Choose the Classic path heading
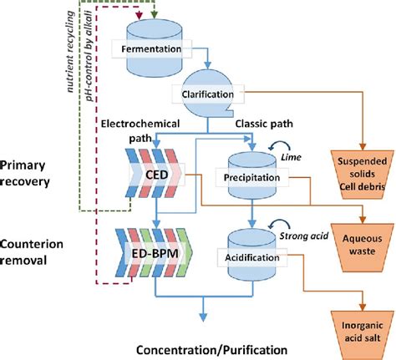pyautogui.click(x=256, y=124)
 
